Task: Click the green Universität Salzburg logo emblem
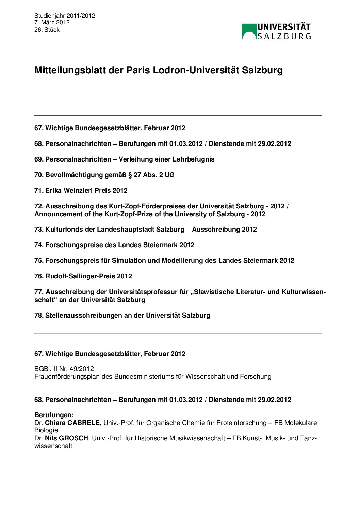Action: (249, 32)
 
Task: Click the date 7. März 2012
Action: (52, 22)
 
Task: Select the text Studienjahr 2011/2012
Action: (65, 16)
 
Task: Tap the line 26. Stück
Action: (47, 30)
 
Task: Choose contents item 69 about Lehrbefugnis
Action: (124, 159)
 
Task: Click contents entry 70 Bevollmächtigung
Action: (104, 175)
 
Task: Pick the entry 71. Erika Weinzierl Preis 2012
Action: (81, 191)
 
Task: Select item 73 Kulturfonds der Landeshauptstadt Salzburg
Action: (145, 230)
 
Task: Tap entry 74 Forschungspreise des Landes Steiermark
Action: (114, 245)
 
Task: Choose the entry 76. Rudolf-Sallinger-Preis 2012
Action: (83, 276)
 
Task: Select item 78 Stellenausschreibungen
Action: (122, 316)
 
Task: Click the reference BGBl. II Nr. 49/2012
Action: (64, 369)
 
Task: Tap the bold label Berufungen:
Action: (54, 415)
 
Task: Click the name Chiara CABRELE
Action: (72, 423)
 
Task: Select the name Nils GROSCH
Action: (66, 438)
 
